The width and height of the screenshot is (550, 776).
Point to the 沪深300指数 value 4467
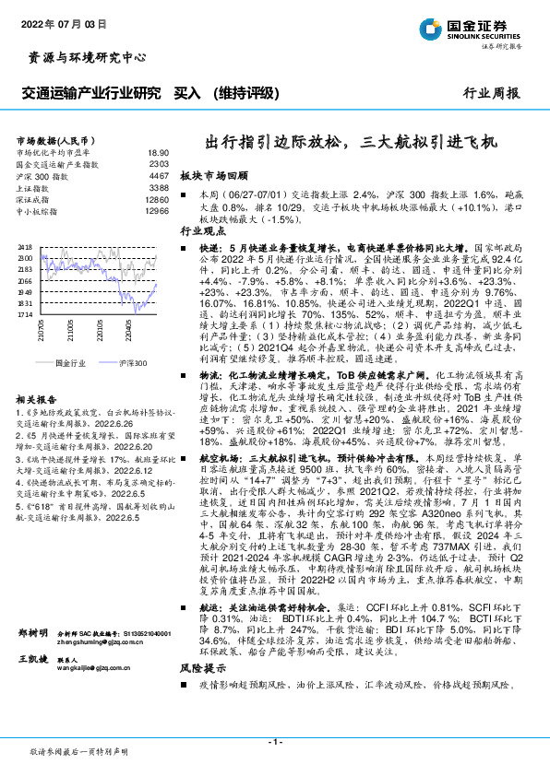point(159,175)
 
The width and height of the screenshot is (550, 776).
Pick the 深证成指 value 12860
point(157,199)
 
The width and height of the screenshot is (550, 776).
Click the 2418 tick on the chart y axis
point(25,248)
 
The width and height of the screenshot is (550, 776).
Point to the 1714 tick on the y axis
point(25,314)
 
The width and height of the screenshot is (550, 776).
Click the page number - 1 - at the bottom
point(274,740)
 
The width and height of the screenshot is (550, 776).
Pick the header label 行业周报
point(490,93)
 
